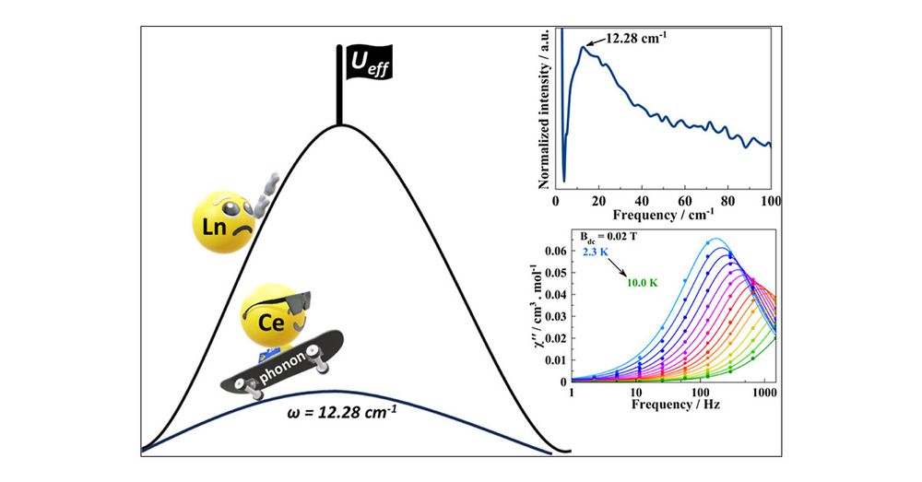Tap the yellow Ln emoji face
[221, 222]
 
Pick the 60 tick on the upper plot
[684, 202]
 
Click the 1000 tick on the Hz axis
[762, 391]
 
